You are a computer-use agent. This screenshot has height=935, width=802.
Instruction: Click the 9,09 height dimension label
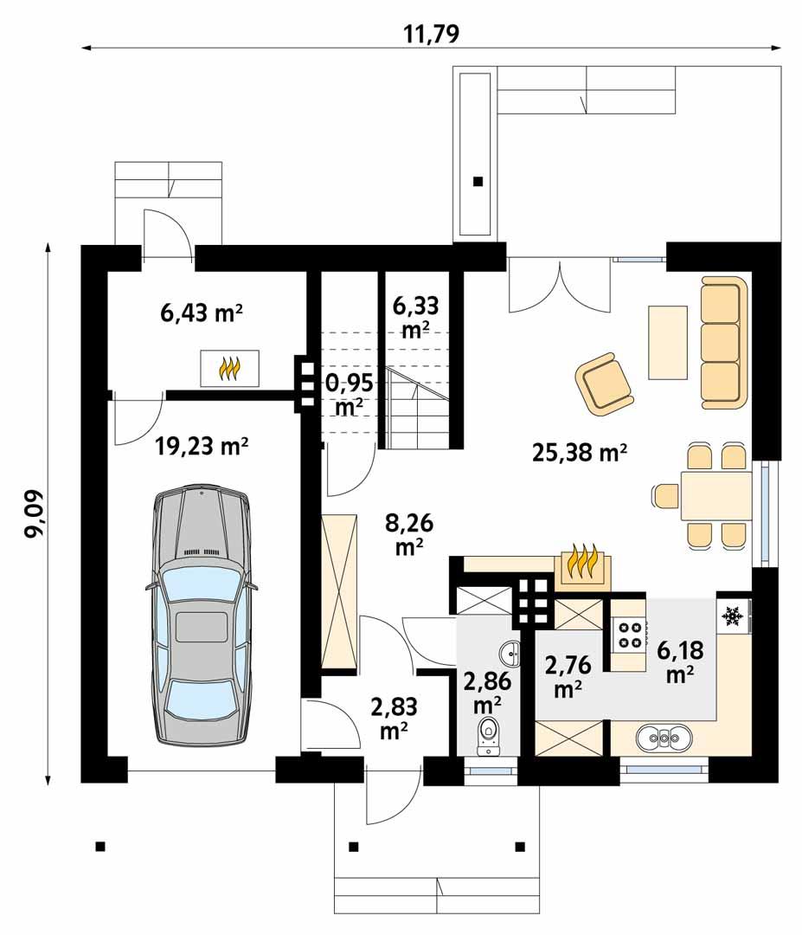35,514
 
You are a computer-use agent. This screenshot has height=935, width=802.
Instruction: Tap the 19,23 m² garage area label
202,447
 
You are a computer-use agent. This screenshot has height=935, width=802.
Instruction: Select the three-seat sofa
722,343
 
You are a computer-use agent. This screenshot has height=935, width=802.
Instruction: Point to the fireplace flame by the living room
582,565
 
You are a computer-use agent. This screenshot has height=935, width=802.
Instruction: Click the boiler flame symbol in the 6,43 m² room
229,369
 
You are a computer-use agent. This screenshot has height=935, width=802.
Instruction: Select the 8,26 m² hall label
408,534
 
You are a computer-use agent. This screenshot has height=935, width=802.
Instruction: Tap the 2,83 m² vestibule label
394,718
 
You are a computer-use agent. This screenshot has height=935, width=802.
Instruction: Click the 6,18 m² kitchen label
680,661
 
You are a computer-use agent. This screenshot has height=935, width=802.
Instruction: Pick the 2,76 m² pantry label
567,676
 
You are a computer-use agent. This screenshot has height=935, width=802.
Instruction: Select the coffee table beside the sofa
667,342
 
